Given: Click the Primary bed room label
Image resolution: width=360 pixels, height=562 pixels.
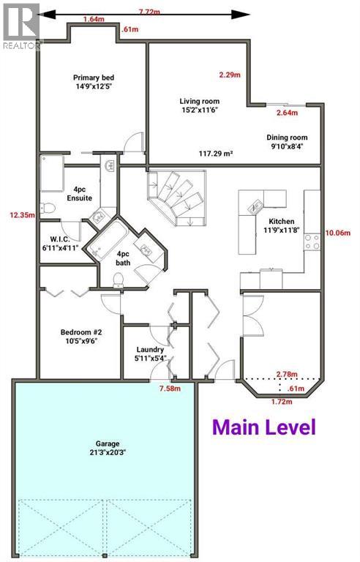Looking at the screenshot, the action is tap(94, 82).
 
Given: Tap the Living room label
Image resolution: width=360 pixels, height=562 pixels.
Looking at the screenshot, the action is tap(199, 105).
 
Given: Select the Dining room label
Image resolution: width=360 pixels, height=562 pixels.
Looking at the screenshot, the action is tap(287, 141).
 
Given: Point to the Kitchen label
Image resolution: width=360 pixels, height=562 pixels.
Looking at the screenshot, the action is tap(282, 225).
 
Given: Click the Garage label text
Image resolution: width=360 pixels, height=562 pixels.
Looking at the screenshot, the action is tap(108, 448).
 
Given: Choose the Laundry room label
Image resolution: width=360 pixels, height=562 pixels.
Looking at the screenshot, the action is tap(150, 353).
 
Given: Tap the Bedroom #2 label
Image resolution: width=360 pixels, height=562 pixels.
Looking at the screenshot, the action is tap(81, 336).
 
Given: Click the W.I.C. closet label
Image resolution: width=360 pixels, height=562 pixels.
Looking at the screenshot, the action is tap(60, 244).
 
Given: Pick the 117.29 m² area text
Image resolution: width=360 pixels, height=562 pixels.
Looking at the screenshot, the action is tap(216, 154).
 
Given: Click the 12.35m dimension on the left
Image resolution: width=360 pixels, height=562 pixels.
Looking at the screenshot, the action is tap(22, 215).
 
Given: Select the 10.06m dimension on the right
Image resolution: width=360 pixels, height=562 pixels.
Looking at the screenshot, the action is tap(338, 233).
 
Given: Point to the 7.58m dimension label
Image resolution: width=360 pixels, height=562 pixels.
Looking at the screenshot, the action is tap(170, 389).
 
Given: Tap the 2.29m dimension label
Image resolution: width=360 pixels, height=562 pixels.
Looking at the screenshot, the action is tap(230, 75).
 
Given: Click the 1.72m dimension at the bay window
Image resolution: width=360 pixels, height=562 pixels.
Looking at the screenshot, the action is tap(282, 402).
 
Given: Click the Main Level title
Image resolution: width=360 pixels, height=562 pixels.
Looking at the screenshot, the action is tap(264, 427).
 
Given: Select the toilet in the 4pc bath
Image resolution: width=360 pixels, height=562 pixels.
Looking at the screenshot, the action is tap(118, 280).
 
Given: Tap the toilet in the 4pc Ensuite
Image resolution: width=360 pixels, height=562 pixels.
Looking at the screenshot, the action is tap(47, 208).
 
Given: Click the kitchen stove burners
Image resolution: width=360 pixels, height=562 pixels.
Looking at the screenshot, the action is tap(312, 242).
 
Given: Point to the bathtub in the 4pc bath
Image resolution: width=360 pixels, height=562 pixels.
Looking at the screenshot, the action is tap(108, 239).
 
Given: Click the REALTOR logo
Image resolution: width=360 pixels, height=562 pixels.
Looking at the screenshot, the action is tap(20, 26).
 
